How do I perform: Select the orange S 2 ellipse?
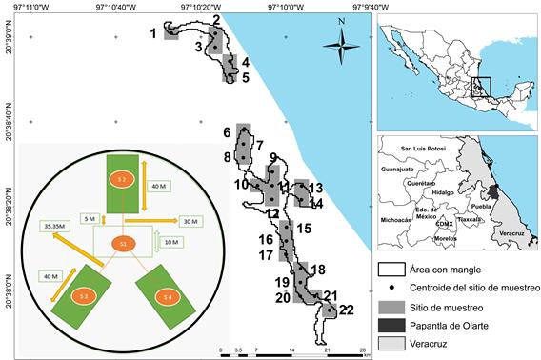coord(121,178)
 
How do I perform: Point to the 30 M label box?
coord(190,221)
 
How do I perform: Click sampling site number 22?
coord(330,310)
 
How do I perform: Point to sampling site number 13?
coord(301,190)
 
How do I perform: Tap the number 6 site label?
coord(228,132)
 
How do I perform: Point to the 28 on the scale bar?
coord(363,350)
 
